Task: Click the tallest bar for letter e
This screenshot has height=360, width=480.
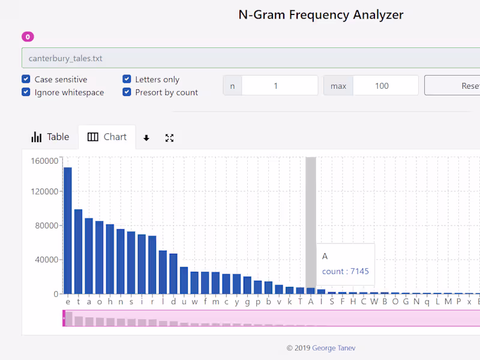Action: pyautogui.click(x=68, y=230)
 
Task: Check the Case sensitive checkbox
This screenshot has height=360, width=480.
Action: pyautogui.click(x=26, y=79)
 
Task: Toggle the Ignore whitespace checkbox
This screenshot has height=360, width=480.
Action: pyautogui.click(x=26, y=92)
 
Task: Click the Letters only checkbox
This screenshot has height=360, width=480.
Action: pyautogui.click(x=127, y=79)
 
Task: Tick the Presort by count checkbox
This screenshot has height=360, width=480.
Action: pyautogui.click(x=127, y=92)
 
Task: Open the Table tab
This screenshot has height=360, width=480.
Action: pyautogui.click(x=50, y=137)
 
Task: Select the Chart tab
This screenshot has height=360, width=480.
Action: pyautogui.click(x=107, y=137)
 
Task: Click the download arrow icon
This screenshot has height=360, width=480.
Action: pyautogui.click(x=146, y=138)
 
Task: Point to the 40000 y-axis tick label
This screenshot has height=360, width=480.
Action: pyautogui.click(x=46, y=260)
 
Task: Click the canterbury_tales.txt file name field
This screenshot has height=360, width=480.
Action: pyautogui.click(x=240, y=58)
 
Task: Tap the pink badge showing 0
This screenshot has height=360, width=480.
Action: pyautogui.click(x=28, y=37)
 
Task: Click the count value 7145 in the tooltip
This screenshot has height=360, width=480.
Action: pyautogui.click(x=359, y=271)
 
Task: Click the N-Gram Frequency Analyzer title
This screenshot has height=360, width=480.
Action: pyautogui.click(x=321, y=15)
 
